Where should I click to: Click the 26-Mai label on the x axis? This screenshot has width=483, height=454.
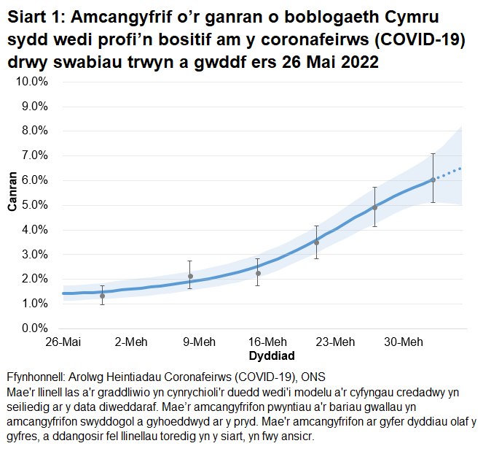[63, 342]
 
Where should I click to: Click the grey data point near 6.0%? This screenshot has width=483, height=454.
[433, 180]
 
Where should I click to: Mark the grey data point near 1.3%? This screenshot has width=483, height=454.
[103, 296]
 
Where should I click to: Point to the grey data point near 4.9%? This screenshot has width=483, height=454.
[374, 207]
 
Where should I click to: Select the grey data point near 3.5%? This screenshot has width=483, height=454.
[316, 242]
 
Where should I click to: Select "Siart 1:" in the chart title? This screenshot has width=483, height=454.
[36, 17]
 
